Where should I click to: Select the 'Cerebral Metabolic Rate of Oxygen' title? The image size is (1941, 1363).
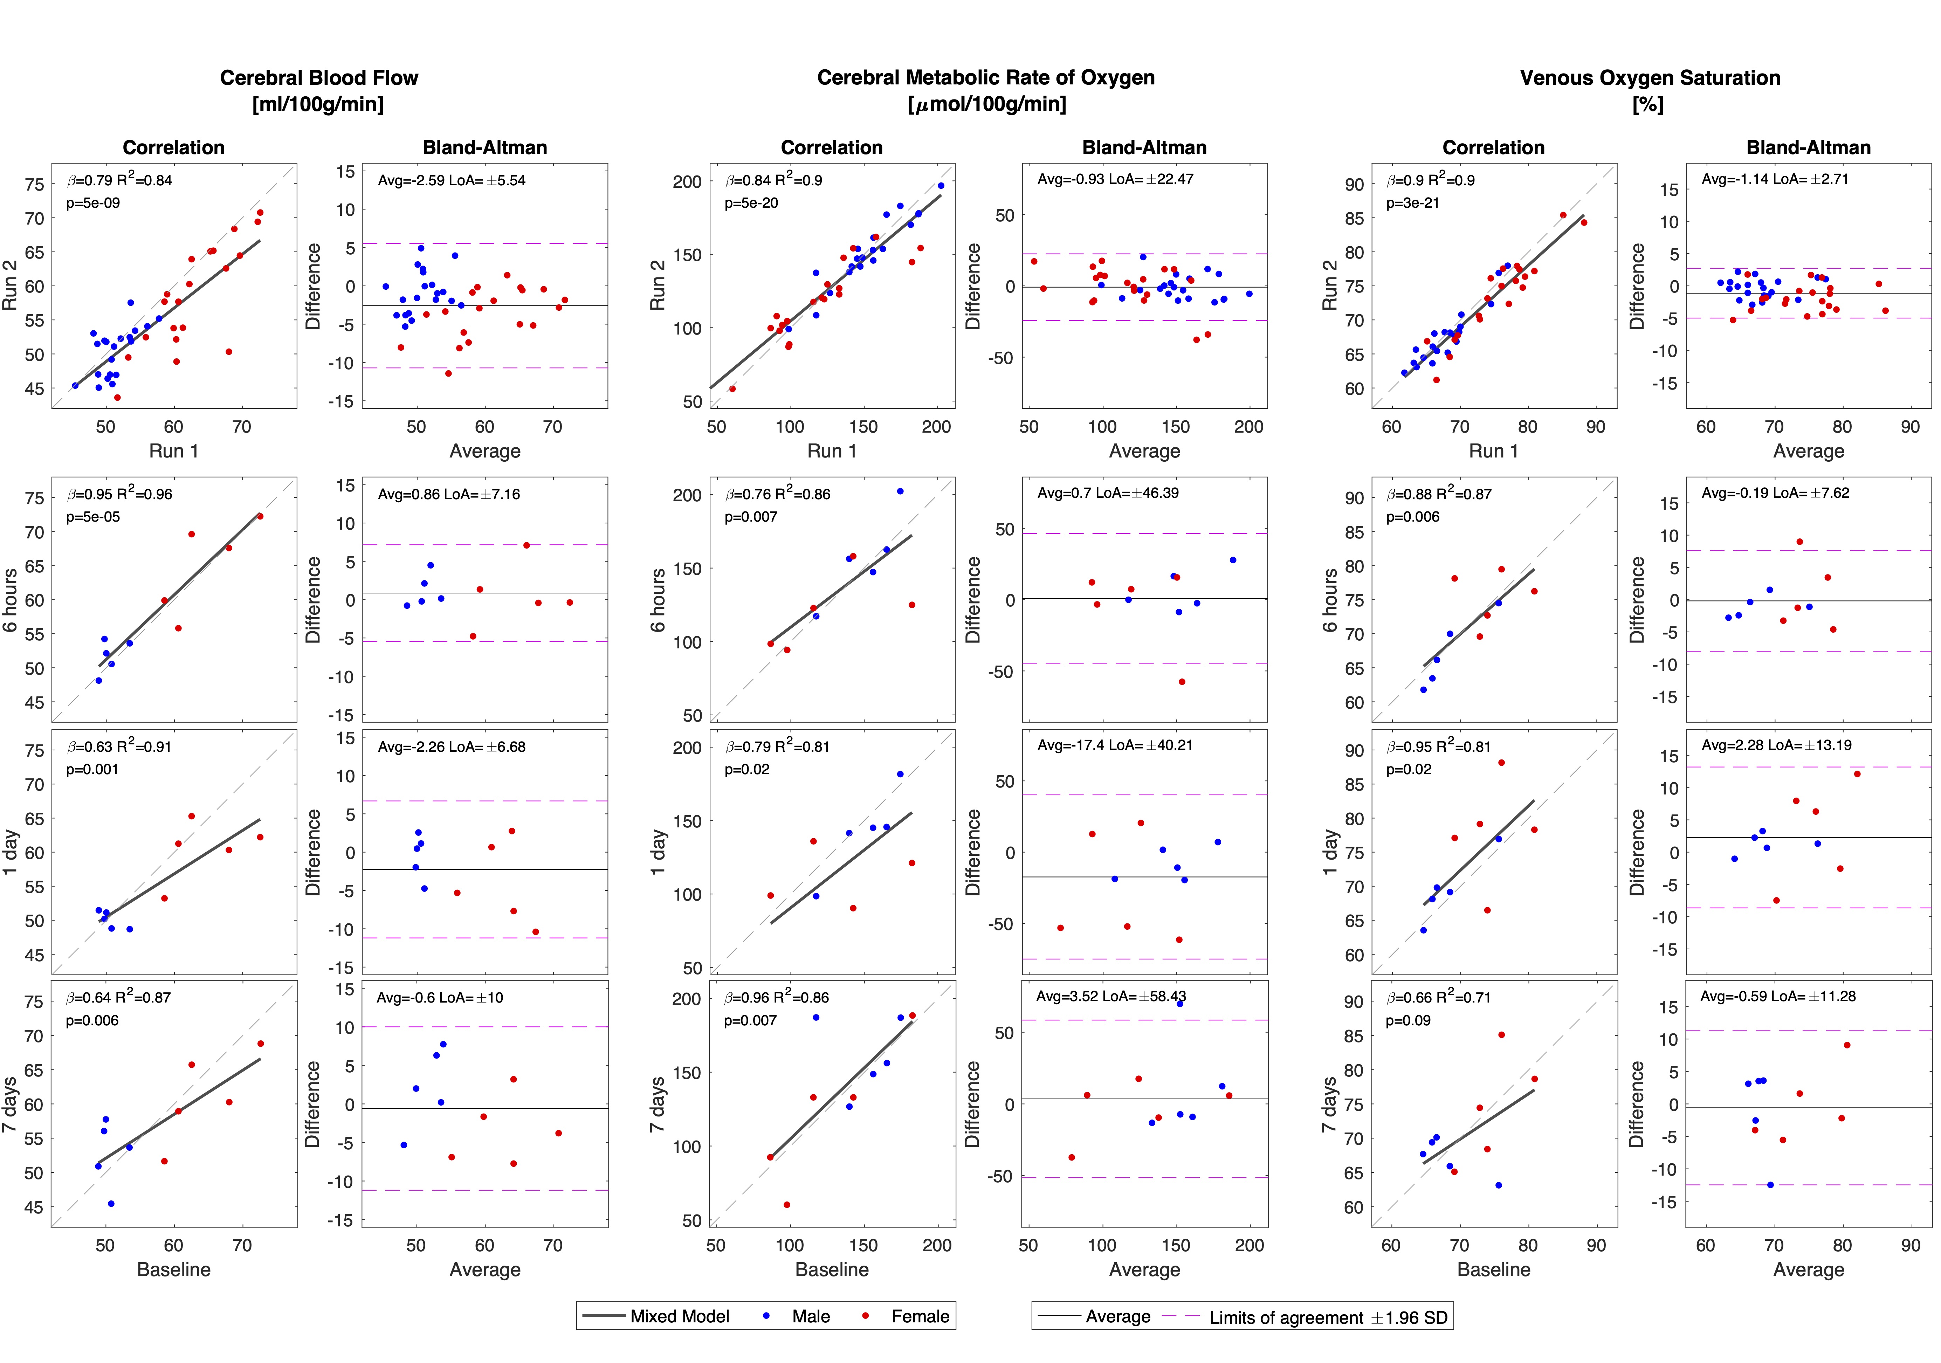point(986,78)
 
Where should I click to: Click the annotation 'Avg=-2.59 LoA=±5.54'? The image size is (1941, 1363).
point(452,180)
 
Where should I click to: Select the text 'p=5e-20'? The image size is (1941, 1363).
point(751,203)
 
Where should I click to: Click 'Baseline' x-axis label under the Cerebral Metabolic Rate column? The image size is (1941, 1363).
point(832,1269)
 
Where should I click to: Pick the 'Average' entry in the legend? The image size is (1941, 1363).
point(1117,1316)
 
